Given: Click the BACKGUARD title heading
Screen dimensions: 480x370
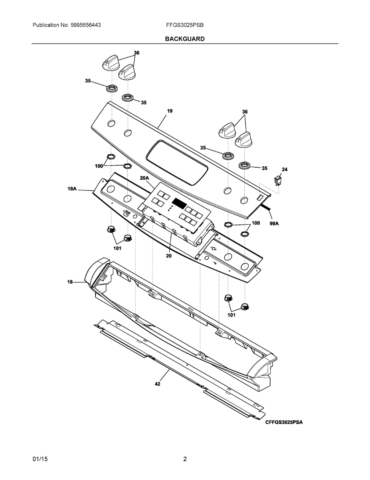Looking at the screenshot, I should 185,39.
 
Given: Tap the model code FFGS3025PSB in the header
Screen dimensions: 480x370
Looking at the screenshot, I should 185,25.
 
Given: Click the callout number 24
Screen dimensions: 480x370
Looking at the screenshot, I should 284,170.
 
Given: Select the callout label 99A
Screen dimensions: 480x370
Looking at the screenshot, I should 274,224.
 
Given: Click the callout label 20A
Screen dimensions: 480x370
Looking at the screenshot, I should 144,178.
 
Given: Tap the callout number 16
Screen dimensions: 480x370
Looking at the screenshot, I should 70,282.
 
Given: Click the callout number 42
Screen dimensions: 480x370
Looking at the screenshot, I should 158,384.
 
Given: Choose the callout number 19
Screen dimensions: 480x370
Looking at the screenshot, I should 170,111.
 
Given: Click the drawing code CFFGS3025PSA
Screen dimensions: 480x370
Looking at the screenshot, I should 284,422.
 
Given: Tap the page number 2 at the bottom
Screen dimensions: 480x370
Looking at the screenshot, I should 185,459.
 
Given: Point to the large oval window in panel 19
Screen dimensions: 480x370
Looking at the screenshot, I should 177,162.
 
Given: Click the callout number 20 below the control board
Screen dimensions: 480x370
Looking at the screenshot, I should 169,256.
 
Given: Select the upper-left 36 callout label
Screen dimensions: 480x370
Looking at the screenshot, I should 137,53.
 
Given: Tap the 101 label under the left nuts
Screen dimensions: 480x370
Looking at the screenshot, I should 117,248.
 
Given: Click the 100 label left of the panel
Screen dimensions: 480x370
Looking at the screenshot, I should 99,166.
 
